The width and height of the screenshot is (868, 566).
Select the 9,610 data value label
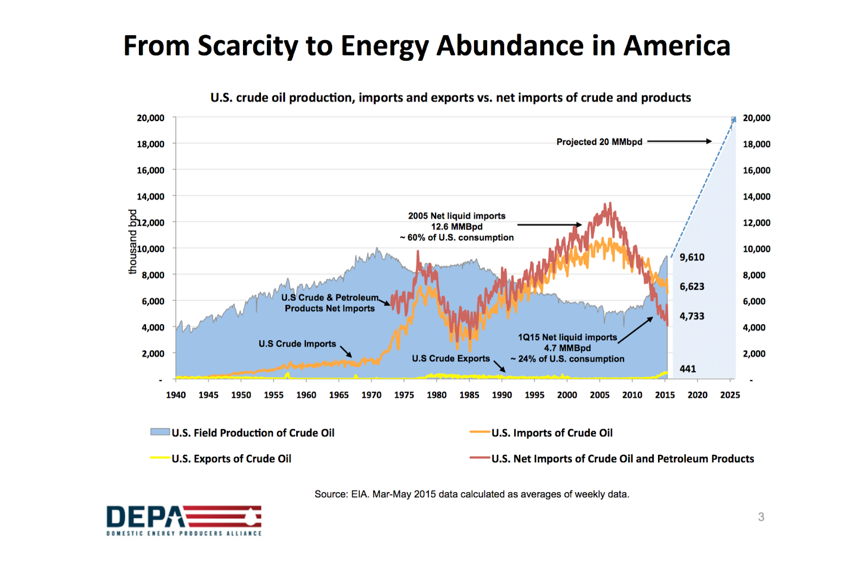[x=692, y=257]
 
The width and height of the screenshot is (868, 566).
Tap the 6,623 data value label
[x=692, y=287]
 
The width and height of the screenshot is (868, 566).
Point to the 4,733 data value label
[x=692, y=316]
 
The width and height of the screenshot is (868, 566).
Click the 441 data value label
[x=687, y=369]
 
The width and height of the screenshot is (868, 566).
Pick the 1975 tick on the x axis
[x=404, y=395]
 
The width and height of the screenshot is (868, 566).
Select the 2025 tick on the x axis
[x=730, y=395]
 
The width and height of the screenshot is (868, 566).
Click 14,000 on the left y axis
[x=150, y=196]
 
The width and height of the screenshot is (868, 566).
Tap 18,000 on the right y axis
[x=756, y=144]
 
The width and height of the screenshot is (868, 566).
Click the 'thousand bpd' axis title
[x=132, y=241]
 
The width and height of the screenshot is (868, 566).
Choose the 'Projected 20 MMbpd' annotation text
[x=599, y=142]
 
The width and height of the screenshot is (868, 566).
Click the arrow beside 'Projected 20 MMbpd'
[x=679, y=141]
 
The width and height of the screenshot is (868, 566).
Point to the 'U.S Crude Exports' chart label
[x=450, y=358]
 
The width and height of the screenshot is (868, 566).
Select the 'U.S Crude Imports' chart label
[x=297, y=344]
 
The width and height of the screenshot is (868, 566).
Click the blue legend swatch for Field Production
[x=160, y=432]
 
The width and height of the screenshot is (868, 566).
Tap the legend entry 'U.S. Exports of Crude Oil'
[x=231, y=459]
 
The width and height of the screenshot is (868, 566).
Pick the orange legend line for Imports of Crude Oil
[x=480, y=432]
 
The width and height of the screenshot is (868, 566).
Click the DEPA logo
[x=184, y=520]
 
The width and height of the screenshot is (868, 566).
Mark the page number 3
[x=761, y=517]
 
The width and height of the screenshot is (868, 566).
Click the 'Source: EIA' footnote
[x=471, y=494]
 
